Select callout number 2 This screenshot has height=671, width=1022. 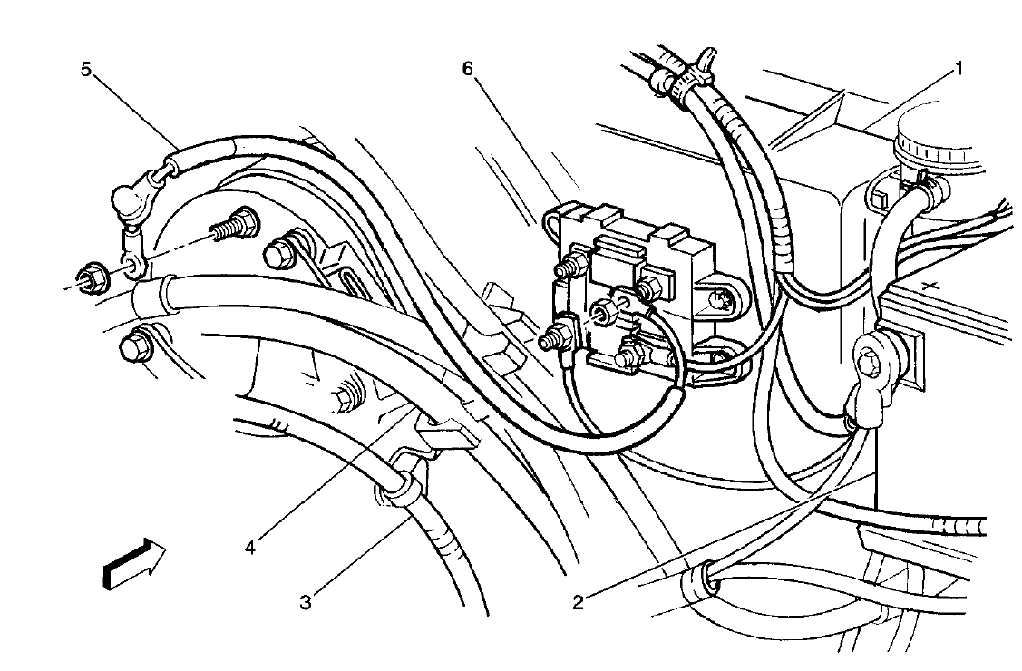coord(577,598)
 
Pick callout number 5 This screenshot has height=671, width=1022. coord(87,69)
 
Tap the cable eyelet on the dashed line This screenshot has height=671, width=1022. coord(133,264)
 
